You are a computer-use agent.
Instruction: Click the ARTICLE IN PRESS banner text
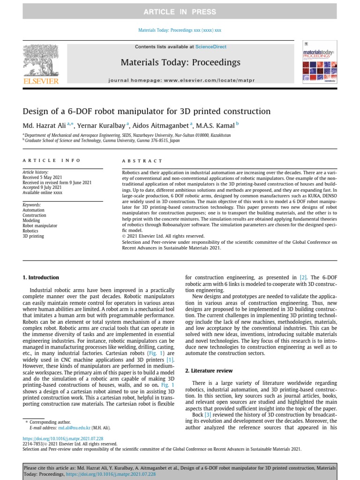pyautogui.click(x=180, y=12)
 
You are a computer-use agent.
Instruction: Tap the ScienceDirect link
pyautogui.click(x=210, y=47)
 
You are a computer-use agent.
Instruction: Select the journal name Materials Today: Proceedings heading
pyautogui.click(x=180, y=62)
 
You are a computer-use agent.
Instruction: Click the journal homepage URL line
pyautogui.click(x=181, y=81)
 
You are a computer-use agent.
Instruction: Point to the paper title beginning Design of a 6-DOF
pyautogui.click(x=147, y=112)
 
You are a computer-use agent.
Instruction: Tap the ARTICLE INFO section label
pyautogui.click(x=52, y=160)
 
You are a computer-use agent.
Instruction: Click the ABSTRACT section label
pyautogui.click(x=142, y=161)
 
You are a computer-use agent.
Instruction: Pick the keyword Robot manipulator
pyautogui.click(x=40, y=225)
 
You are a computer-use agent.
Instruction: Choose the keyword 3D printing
pyautogui.click(x=33, y=236)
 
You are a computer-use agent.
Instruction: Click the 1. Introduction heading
pyautogui.click(x=41, y=277)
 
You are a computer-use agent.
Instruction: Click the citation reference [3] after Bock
pyautogui.click(x=208, y=415)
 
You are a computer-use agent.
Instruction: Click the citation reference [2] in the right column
pyautogui.click(x=303, y=277)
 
